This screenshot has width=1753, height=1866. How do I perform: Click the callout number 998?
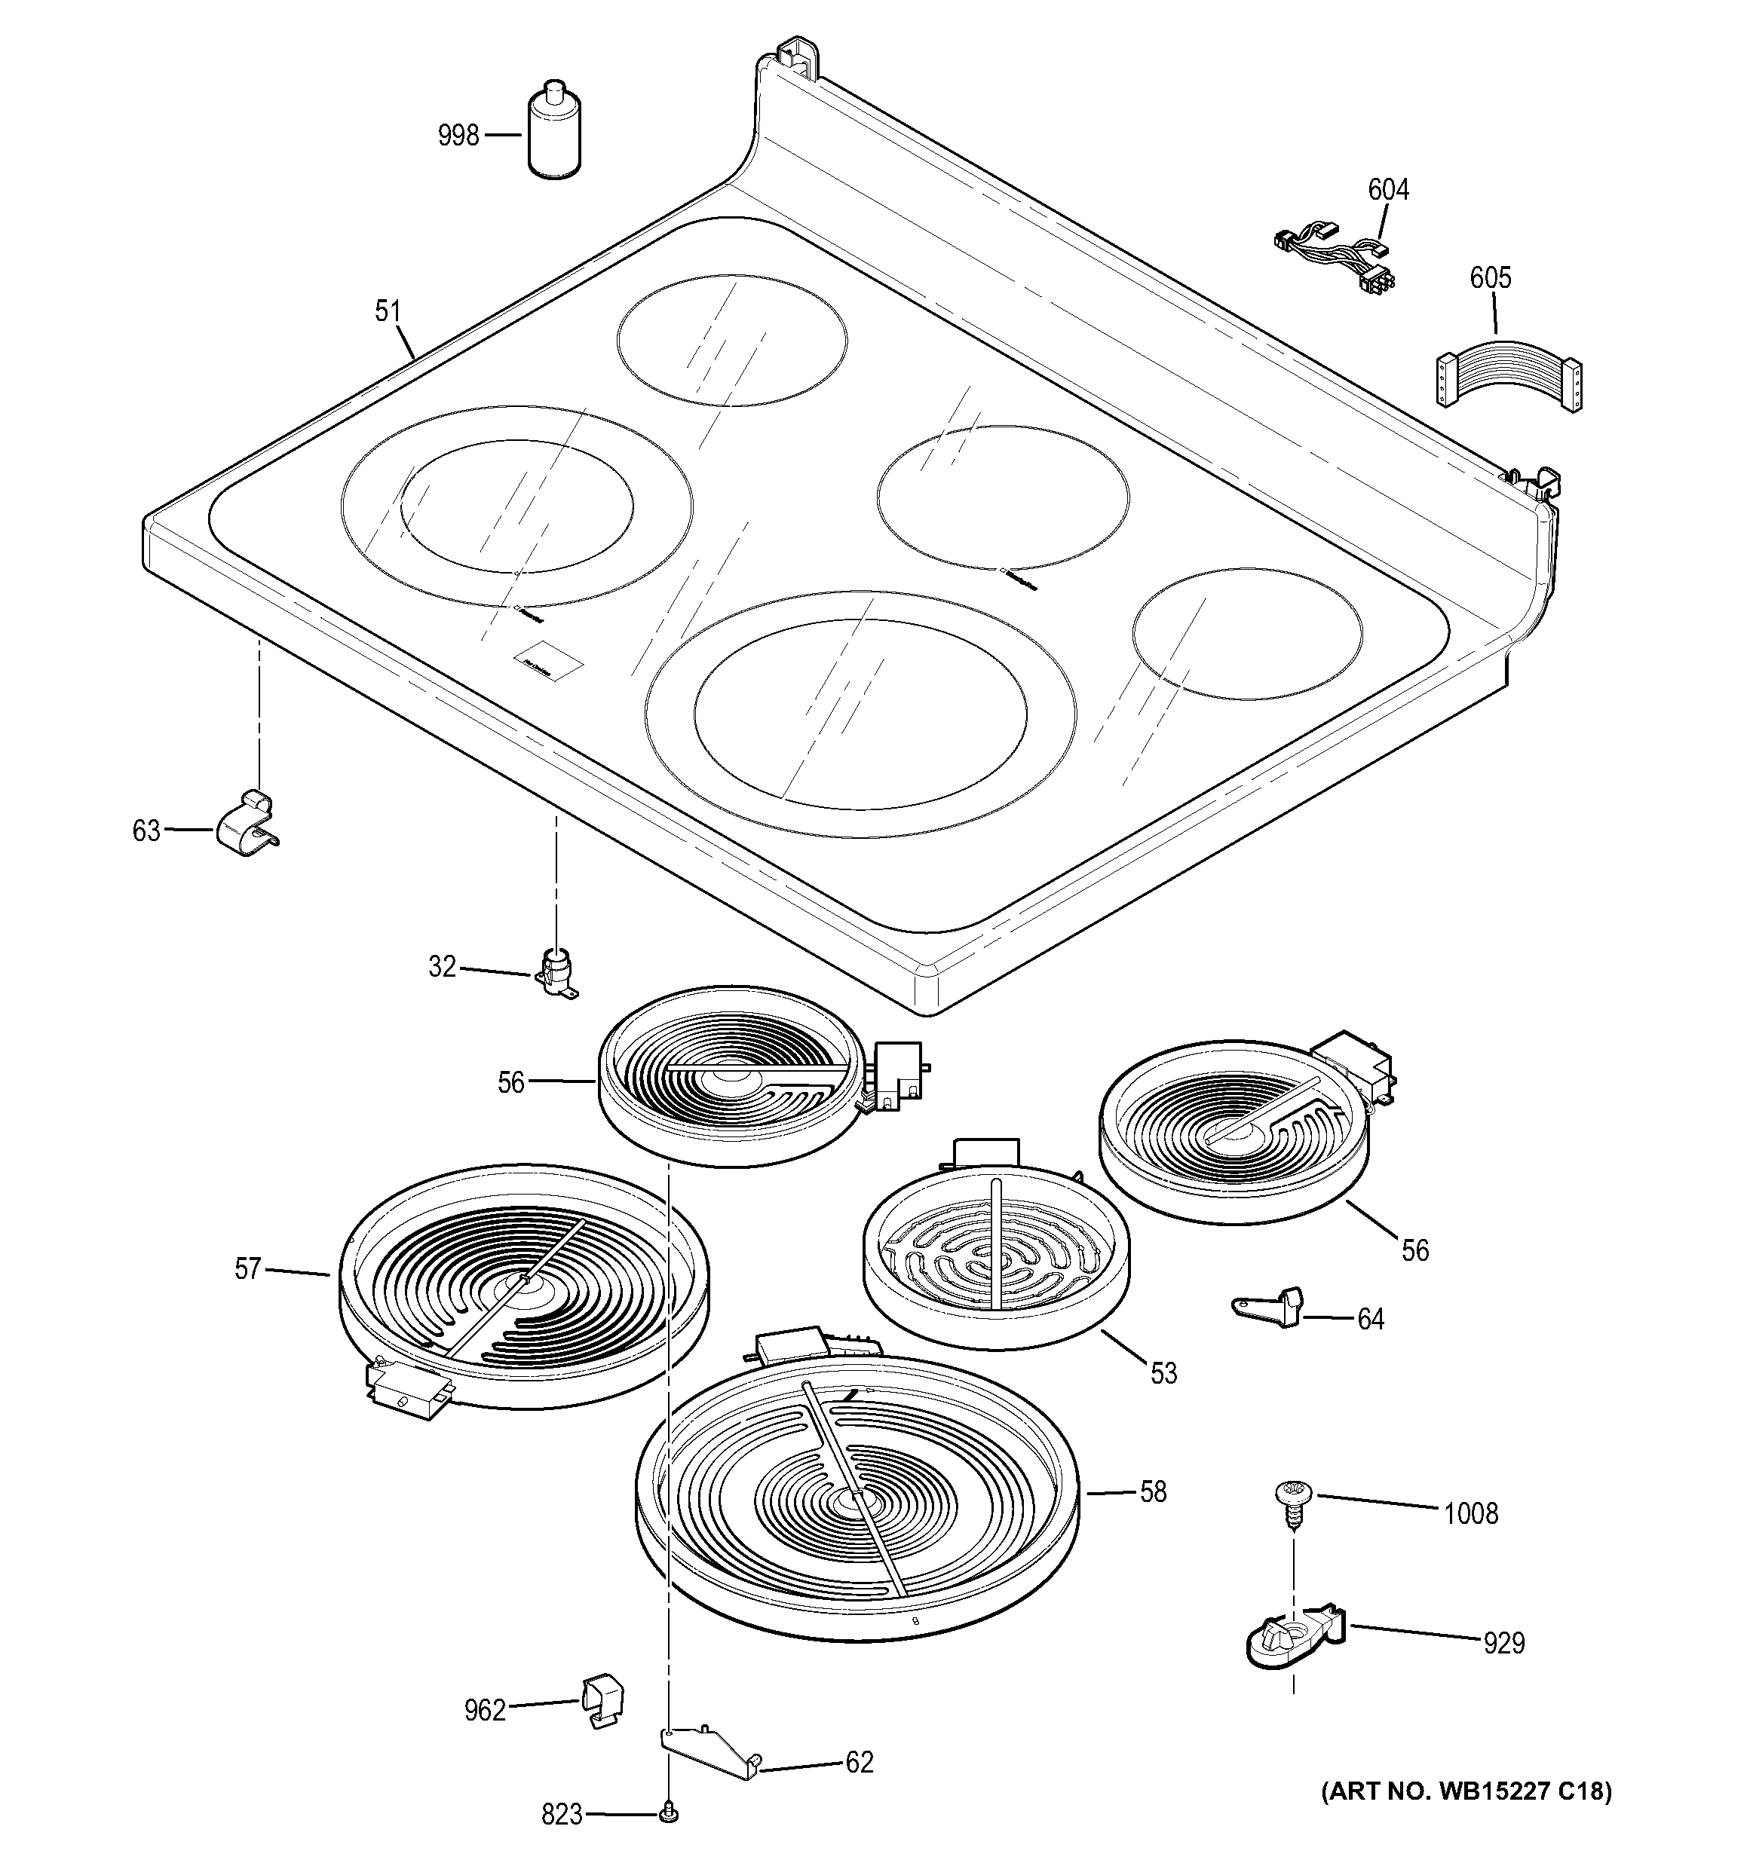click(458, 136)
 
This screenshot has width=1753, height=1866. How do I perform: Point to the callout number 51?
click(388, 310)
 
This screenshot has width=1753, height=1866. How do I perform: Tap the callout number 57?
click(247, 1269)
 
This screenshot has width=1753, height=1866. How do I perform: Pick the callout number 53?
click(1163, 1373)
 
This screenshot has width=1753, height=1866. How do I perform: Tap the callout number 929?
click(1503, 1643)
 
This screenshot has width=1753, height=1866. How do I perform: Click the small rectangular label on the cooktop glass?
click(547, 661)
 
